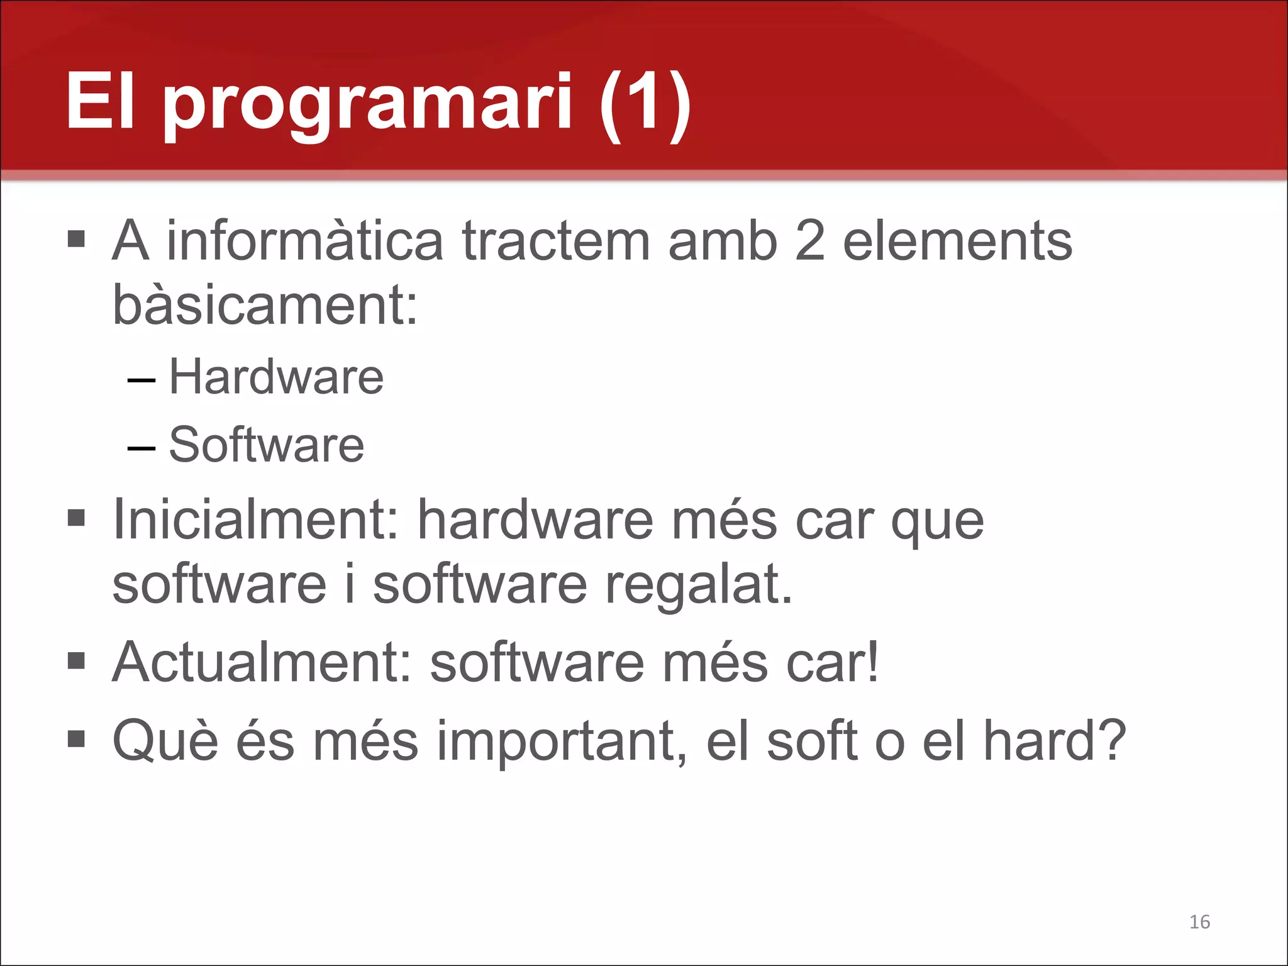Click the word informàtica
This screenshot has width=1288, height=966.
tap(304, 241)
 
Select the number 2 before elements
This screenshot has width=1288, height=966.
tap(810, 241)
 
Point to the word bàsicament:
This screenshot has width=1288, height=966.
tap(265, 305)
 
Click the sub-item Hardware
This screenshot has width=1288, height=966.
tap(276, 377)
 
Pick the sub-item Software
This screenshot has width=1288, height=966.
tap(267, 445)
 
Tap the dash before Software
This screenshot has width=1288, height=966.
tap(141, 448)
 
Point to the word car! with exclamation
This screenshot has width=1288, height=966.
tap(833, 662)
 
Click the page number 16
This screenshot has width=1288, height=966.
tap(1199, 922)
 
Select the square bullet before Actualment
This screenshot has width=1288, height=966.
tap(76, 661)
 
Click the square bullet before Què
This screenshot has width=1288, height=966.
tap(76, 739)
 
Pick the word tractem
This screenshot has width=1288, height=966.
tap(556, 241)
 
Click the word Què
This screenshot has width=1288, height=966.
tap(165, 741)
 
